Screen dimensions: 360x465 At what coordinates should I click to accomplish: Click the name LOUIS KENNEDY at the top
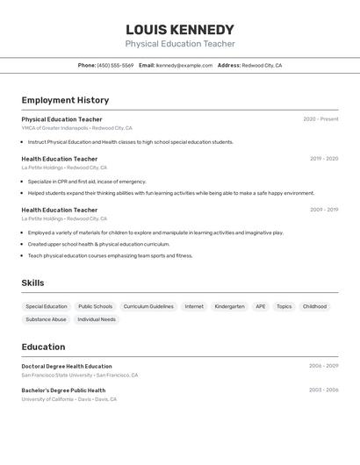[180, 30]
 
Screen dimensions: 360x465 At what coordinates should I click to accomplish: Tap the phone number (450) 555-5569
[115, 66]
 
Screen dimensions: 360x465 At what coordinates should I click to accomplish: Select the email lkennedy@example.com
[184, 66]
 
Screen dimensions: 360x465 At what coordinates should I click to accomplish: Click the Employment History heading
[65, 101]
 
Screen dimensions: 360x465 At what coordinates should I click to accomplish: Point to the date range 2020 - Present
[320, 119]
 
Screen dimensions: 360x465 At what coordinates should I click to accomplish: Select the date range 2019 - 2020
[324, 159]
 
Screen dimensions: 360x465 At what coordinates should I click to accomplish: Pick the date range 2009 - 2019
[324, 210]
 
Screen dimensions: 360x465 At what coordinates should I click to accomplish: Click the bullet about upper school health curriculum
[98, 244]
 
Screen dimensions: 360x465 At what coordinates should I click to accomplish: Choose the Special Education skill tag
[47, 307]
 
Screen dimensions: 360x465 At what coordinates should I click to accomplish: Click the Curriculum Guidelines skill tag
[148, 307]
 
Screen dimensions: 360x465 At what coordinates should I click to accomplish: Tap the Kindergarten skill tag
[229, 307]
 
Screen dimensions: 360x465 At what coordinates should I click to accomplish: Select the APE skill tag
[261, 307]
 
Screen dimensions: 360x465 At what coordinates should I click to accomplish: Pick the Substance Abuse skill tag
[46, 319]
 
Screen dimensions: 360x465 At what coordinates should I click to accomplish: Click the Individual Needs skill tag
[97, 319]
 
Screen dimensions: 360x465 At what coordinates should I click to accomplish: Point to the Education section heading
[44, 347]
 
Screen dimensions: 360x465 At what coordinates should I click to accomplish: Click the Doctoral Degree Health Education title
[67, 366]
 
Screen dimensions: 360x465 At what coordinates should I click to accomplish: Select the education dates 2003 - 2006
[323, 390]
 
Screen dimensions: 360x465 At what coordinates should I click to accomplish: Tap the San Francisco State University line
[79, 376]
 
